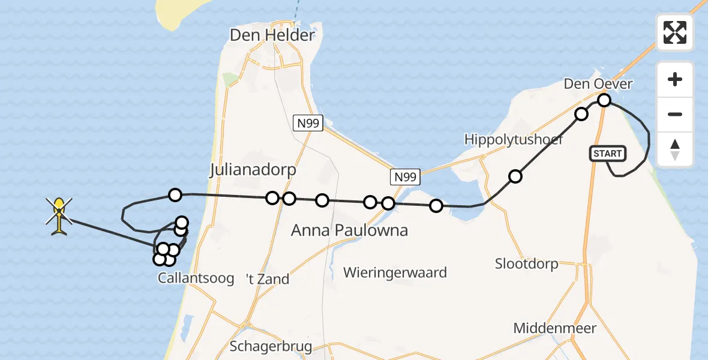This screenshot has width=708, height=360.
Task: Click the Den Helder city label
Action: (272, 35)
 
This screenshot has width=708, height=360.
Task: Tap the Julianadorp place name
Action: (253, 170)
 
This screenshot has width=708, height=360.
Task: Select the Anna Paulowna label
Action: (349, 230)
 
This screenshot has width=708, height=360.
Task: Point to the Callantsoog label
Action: (196, 278)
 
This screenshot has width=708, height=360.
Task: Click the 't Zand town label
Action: (268, 279)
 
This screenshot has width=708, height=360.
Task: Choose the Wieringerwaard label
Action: (395, 273)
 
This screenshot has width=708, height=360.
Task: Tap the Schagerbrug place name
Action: (271, 347)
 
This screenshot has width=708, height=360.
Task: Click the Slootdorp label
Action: (527, 263)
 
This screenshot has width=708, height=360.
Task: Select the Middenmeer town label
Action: (555, 328)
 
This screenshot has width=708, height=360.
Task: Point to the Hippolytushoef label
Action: (514, 140)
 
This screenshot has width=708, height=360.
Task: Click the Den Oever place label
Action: (598, 84)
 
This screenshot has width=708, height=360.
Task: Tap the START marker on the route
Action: (608, 154)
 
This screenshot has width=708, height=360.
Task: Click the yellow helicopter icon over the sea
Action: (59, 215)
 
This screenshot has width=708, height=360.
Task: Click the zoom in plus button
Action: (675, 79)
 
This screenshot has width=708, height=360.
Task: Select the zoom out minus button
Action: (675, 114)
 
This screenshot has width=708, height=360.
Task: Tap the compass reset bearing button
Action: (675, 149)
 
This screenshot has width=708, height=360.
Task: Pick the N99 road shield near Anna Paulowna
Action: (405, 177)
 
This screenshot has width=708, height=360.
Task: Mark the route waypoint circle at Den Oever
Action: (604, 100)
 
